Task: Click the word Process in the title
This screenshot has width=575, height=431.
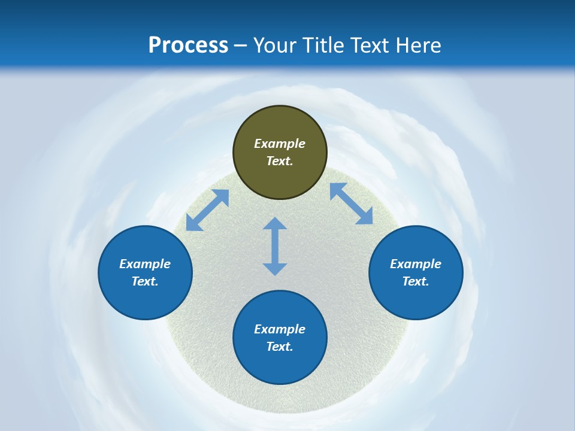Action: tap(188, 45)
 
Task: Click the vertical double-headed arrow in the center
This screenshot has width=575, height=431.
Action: tap(275, 246)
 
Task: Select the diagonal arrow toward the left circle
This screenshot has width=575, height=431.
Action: tap(207, 210)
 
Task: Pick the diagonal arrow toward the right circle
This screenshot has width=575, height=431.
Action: tap(352, 204)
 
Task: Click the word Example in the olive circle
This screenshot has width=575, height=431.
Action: tap(280, 144)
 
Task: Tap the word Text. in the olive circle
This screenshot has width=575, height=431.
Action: tap(280, 161)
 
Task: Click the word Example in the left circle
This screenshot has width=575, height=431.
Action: tap(145, 264)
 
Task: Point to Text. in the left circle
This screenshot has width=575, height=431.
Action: tap(145, 281)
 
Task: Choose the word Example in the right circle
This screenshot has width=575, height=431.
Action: tap(416, 264)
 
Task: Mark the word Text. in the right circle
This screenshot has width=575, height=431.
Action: tap(416, 281)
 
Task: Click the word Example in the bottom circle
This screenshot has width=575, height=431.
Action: tap(280, 329)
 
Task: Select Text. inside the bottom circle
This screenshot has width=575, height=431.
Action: tap(280, 347)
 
